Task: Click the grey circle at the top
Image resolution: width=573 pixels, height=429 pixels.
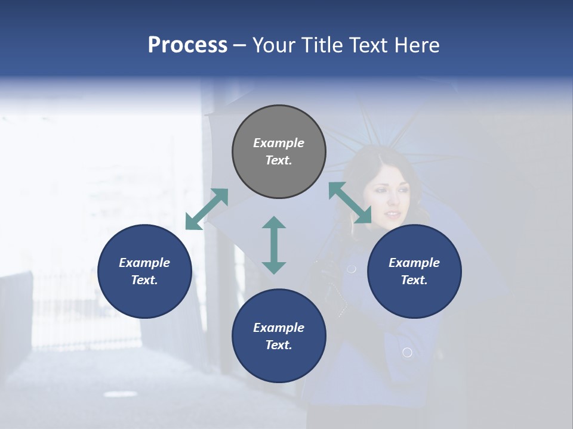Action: tap(279, 151)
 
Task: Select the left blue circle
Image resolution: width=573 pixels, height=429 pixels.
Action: tap(144, 271)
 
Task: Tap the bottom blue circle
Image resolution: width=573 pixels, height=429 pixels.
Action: tap(279, 336)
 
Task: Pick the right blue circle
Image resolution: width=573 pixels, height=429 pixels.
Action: tap(414, 271)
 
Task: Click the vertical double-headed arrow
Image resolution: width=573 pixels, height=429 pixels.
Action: tap(274, 245)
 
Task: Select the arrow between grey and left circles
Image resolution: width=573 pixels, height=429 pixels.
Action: tap(207, 209)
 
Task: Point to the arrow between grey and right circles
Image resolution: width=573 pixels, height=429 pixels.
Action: tap(350, 203)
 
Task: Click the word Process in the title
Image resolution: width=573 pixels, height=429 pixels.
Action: tap(187, 45)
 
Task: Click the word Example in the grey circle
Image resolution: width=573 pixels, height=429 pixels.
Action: tap(279, 143)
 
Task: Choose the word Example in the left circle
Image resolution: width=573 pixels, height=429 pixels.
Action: tap(144, 263)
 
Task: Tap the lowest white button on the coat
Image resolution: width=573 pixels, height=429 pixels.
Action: tap(407, 353)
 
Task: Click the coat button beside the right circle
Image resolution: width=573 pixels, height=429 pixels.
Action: tap(352, 269)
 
